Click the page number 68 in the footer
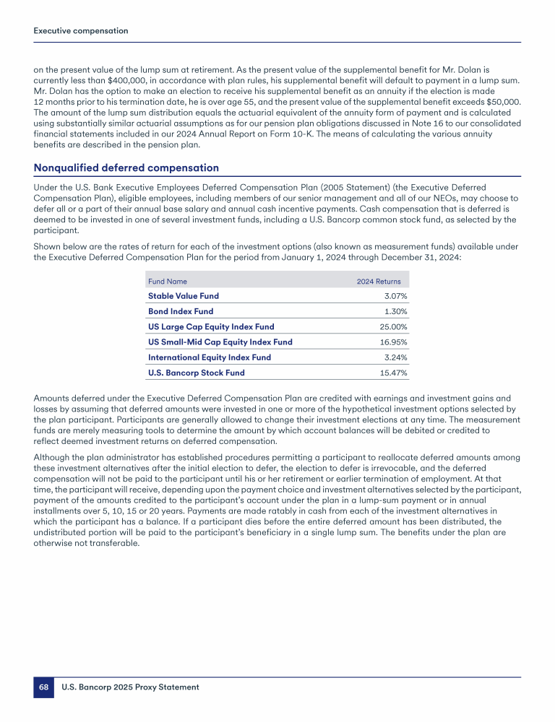click(x=43, y=687)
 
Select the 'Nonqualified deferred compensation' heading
click(x=126, y=168)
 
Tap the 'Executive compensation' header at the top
click(x=81, y=31)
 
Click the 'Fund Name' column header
click(x=167, y=281)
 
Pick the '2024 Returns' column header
click(x=379, y=281)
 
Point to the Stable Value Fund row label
click(x=183, y=296)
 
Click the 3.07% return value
click(x=395, y=296)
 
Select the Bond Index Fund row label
click(x=181, y=311)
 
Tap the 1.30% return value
click(x=395, y=311)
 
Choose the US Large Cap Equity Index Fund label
click(x=211, y=326)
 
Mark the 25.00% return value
click(x=394, y=326)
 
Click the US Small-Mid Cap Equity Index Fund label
click(x=220, y=342)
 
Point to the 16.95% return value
click(x=394, y=342)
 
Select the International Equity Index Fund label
click(x=210, y=357)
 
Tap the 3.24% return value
click(x=395, y=357)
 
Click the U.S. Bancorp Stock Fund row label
click(x=196, y=373)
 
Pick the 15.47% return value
click(x=394, y=373)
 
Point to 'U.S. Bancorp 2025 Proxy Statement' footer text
click(x=130, y=687)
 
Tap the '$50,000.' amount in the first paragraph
click(x=501, y=103)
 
